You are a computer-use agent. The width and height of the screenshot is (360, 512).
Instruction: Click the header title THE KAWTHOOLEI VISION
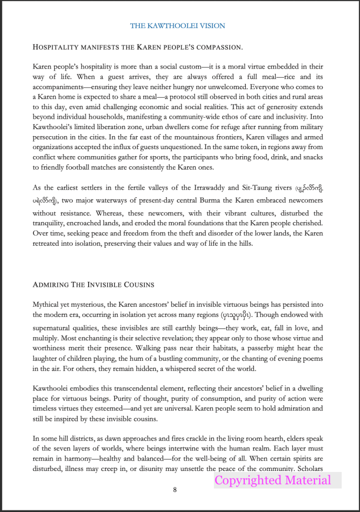click(177, 26)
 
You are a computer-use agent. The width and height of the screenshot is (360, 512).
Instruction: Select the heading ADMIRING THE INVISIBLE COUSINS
click(93, 284)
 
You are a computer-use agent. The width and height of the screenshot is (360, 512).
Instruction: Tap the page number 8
click(175, 489)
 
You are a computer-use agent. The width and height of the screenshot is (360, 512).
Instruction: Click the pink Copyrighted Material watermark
click(273, 480)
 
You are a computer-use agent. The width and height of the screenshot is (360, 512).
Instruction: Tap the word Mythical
click(46, 304)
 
